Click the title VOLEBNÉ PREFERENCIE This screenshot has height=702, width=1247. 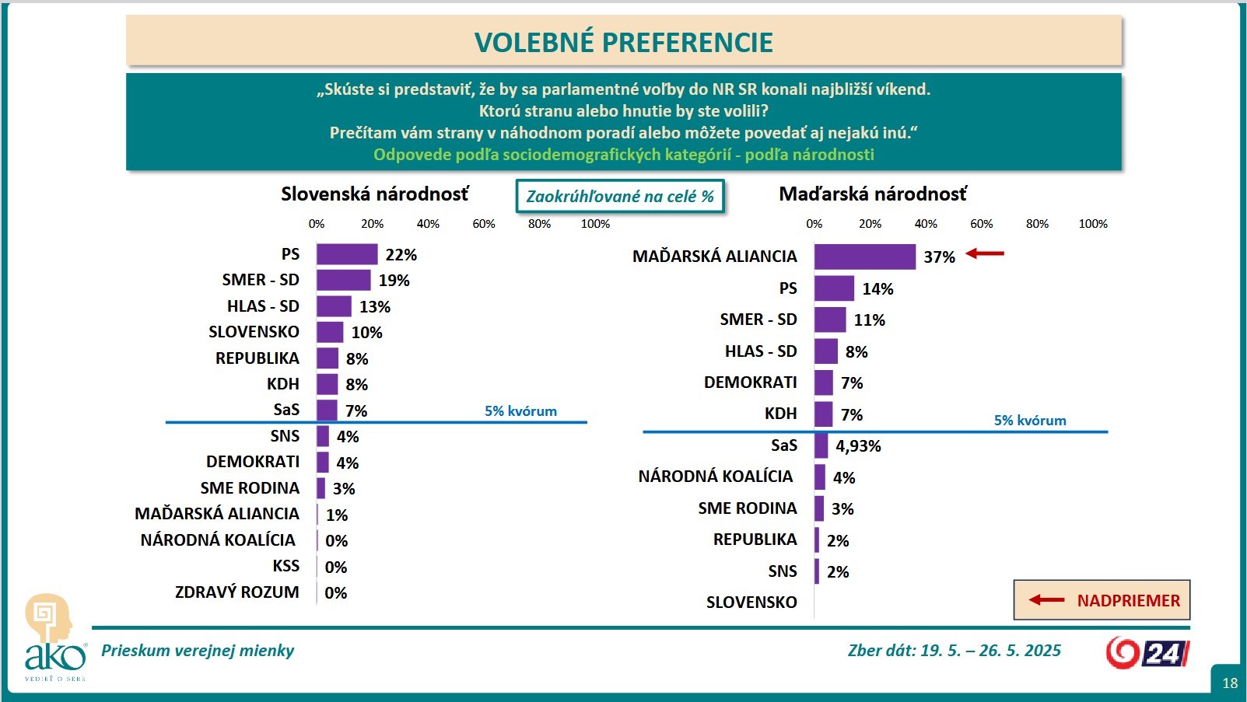(623, 42)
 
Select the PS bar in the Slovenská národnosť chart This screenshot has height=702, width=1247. (347, 254)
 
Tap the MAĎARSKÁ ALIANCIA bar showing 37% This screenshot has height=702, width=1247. (864, 257)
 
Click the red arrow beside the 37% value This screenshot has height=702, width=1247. (985, 253)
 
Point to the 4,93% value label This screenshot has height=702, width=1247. (858, 446)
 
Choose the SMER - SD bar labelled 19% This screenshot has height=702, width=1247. (343, 280)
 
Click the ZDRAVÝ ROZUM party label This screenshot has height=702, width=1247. (236, 592)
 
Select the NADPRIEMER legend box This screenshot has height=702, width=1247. (1102, 600)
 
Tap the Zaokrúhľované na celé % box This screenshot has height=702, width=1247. (620, 196)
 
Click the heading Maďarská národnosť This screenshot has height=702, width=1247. (872, 194)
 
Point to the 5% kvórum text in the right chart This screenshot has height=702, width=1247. (1029, 421)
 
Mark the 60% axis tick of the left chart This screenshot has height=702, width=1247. (484, 224)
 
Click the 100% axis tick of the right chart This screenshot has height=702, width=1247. (1092, 224)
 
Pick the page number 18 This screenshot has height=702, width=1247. (1229, 683)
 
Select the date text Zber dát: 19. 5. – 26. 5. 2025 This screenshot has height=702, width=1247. (954, 651)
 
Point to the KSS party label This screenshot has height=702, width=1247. (285, 566)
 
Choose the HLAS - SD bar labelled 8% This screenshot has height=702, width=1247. (825, 351)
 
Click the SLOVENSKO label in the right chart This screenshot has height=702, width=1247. (751, 602)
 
